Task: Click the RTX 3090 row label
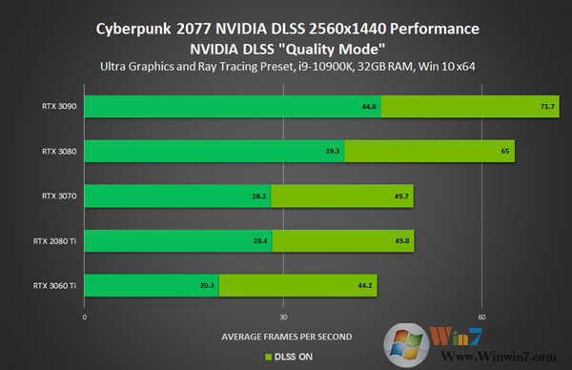59,107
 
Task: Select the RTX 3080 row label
59,151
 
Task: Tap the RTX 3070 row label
59,195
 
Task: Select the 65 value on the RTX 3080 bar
505,151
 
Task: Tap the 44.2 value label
366,285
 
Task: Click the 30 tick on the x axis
283,317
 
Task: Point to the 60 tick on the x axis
482,317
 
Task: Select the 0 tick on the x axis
85,317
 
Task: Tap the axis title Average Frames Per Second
286,336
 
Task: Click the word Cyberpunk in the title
133,29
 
